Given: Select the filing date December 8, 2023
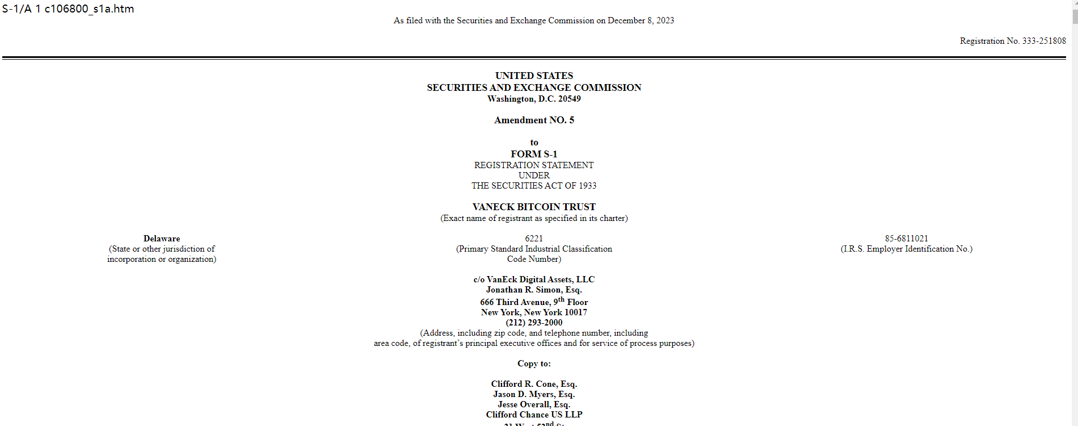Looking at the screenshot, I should (x=641, y=20).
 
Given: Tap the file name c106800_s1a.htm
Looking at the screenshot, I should (x=89, y=9).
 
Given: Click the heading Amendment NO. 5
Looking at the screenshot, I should (x=534, y=120).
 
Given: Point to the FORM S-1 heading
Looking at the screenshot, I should (x=534, y=154).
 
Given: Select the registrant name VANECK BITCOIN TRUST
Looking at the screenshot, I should (x=534, y=207).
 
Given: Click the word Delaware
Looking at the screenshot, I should (x=162, y=239).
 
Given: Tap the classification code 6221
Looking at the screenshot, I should (x=534, y=239).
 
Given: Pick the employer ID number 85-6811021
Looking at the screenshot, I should (x=906, y=239).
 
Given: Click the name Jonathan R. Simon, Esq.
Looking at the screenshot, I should (x=534, y=290).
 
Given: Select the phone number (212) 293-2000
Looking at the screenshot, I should (x=534, y=323).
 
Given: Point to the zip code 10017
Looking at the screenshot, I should (x=576, y=312).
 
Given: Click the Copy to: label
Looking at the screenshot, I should (x=534, y=364).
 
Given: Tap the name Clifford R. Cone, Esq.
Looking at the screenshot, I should (x=534, y=384).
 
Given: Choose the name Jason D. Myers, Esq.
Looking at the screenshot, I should (x=534, y=394).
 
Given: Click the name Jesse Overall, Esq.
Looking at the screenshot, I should (x=534, y=404).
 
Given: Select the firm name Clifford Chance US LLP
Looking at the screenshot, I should (x=534, y=415).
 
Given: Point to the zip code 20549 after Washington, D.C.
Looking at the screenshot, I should (x=569, y=99).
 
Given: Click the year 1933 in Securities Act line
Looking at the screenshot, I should (x=587, y=186).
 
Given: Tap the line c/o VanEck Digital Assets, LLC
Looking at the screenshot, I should (x=534, y=279).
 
